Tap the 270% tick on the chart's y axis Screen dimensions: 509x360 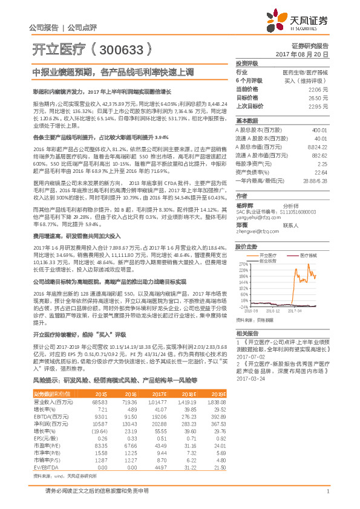(x=242, y=264)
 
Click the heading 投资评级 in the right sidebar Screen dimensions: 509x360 (x=247, y=62)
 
